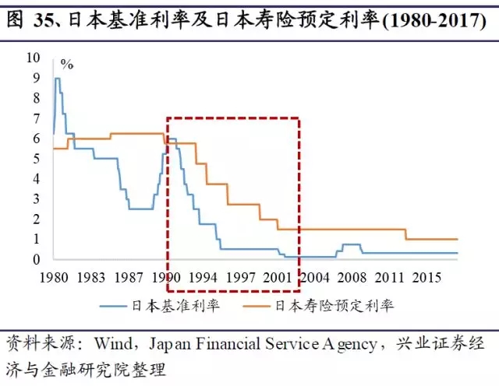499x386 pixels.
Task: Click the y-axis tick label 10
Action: (x=32, y=58)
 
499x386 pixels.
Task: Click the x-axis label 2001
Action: (x=277, y=278)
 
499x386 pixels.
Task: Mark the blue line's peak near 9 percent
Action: (x=57, y=79)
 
